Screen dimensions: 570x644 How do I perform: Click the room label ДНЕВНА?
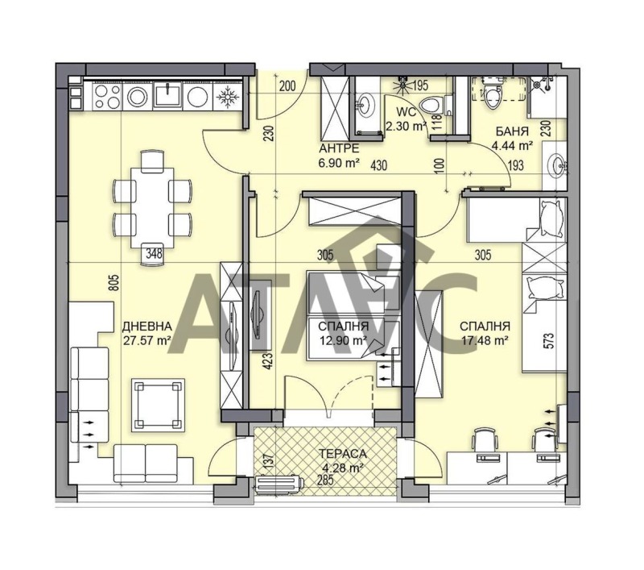(x=147, y=327)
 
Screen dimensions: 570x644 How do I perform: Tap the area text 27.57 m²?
(x=147, y=340)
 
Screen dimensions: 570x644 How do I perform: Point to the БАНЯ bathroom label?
(x=512, y=131)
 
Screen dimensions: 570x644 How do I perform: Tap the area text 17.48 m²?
(x=485, y=340)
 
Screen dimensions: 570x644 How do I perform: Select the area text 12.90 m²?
(x=343, y=340)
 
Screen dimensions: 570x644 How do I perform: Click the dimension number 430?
(x=379, y=165)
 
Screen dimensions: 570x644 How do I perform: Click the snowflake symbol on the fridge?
(x=227, y=98)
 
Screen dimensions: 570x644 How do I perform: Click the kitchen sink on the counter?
(x=167, y=98)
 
